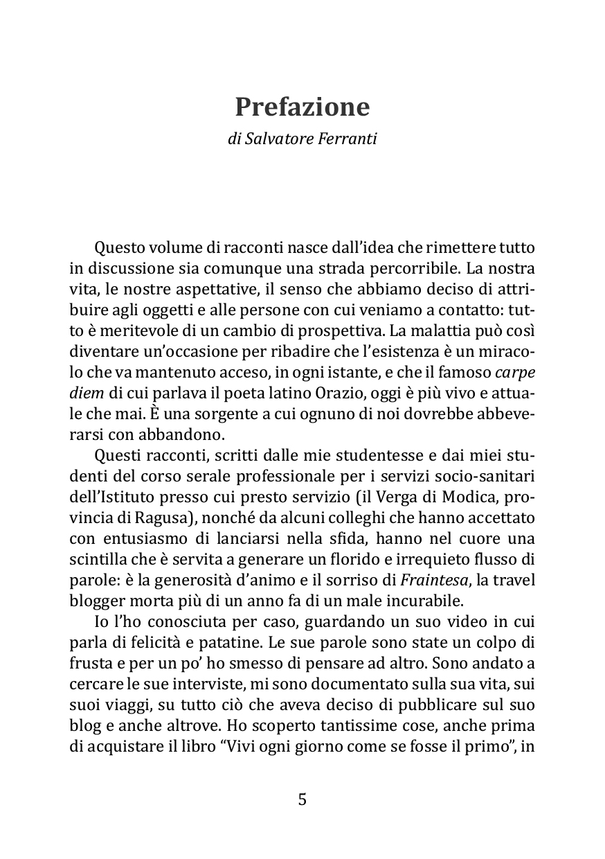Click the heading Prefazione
pyautogui.click(x=302, y=107)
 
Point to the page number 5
pyautogui.click(x=302, y=799)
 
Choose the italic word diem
pyautogui.click(x=87, y=392)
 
